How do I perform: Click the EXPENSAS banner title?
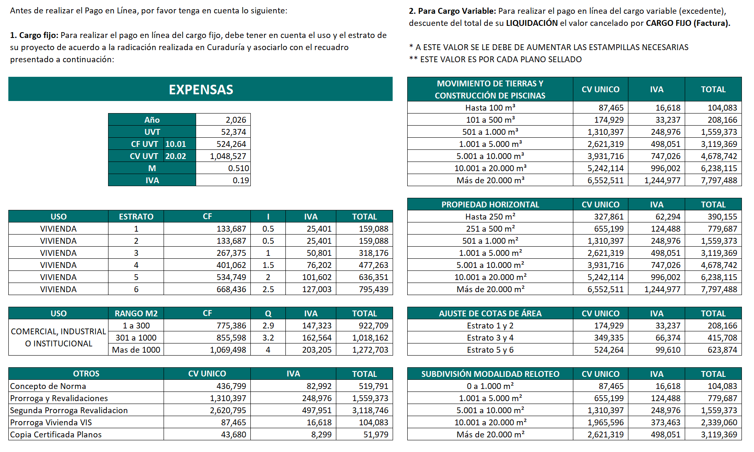coord(201,89)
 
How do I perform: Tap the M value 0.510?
coord(238,168)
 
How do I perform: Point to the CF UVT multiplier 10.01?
coord(176,144)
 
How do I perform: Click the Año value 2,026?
coord(236,120)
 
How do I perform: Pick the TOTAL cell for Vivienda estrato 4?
coord(373,265)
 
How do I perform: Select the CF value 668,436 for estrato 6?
coord(231,289)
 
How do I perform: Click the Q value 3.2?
coord(268,338)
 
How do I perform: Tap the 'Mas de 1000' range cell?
coord(136,350)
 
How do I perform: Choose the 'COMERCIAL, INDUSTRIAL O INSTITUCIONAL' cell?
coord(58,337)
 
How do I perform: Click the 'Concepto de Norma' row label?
coord(48,386)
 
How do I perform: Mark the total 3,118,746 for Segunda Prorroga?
coord(370,410)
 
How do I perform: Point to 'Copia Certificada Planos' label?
coord(56,434)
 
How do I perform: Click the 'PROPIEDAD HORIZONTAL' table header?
coord(490,205)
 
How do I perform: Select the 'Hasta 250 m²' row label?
coord(490,217)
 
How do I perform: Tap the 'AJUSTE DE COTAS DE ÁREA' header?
coord(490,313)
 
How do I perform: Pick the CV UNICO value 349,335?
coord(609,338)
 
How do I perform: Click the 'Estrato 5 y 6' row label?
coord(490,350)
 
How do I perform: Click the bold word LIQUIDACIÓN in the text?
coord(532,23)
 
